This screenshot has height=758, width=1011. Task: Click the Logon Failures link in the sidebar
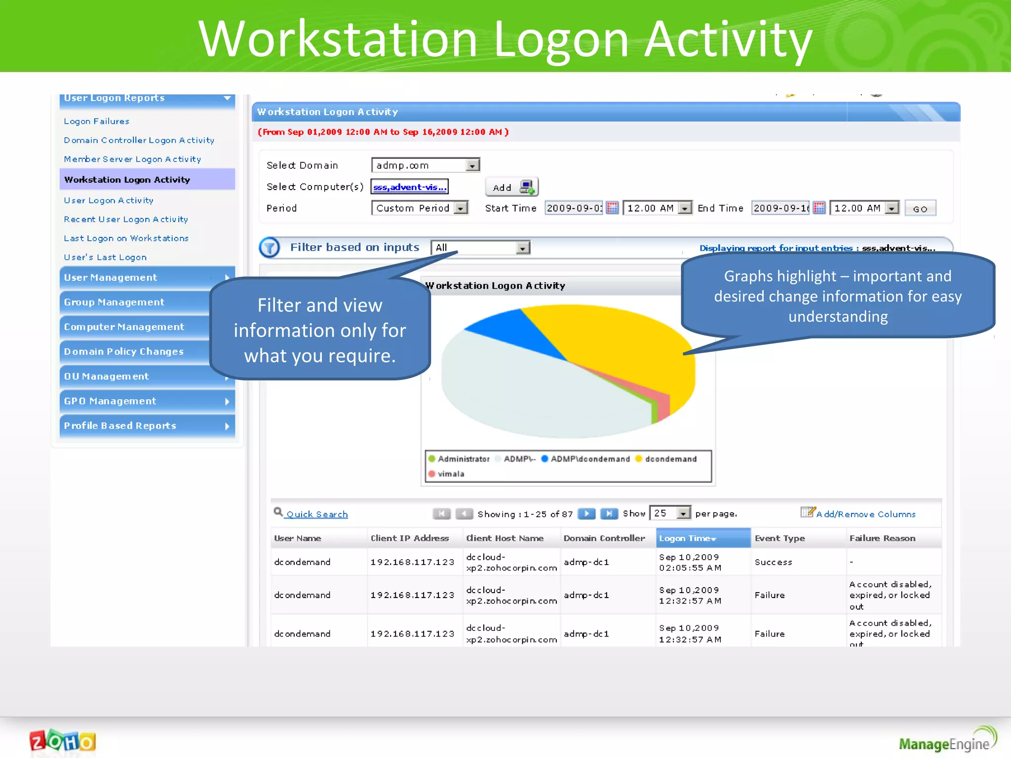[96, 121]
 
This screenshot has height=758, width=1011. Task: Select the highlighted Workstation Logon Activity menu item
[127, 180]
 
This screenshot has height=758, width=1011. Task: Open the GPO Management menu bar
[147, 401]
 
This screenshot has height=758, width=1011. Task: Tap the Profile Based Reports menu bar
[147, 426]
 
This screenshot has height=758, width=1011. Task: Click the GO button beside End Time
[920, 209]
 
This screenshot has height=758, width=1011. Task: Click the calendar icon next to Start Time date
[612, 208]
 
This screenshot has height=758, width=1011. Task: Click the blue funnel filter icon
[270, 247]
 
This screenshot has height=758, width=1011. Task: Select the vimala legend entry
[446, 474]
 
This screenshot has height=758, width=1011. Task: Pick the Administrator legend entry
[459, 459]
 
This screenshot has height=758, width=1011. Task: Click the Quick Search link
[316, 514]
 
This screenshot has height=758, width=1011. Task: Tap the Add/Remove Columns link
[865, 514]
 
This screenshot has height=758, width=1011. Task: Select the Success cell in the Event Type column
[773, 563]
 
